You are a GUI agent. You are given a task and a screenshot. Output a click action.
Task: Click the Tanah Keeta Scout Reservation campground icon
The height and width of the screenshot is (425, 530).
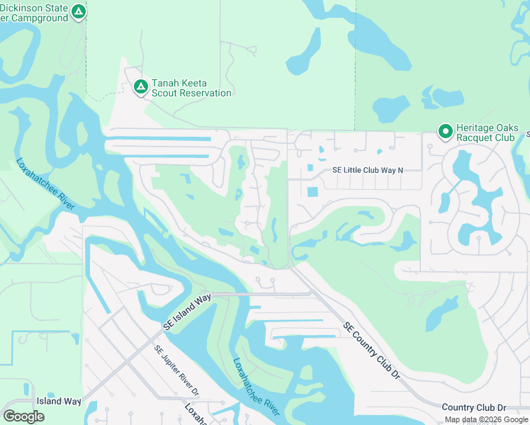tap(140, 87)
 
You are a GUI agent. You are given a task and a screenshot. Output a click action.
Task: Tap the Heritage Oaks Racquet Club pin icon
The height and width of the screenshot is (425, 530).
tap(445, 132)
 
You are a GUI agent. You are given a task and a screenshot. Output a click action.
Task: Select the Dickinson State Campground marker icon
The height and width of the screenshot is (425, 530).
tap(79, 11)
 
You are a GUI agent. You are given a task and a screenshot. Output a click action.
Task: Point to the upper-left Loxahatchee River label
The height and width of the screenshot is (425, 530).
tap(45, 183)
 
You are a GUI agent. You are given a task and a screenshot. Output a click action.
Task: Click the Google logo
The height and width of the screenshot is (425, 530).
tap(23, 416)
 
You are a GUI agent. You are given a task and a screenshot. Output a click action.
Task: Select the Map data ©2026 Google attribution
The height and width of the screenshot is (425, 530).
tap(485, 419)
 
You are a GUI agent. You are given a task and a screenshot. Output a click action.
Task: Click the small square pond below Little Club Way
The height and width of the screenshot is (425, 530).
tap(313, 191)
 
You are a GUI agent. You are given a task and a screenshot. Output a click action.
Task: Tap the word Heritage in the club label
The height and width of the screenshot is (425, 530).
tap(476, 127)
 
